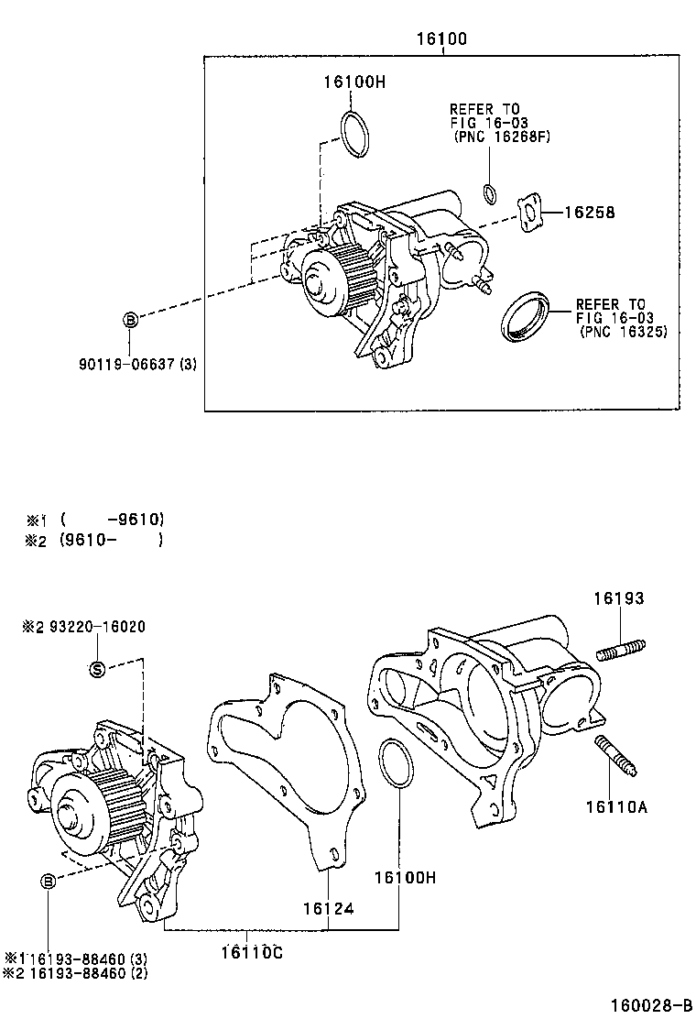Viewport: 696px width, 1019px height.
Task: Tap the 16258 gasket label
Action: (x=588, y=213)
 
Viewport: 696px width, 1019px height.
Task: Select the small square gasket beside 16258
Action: (x=530, y=213)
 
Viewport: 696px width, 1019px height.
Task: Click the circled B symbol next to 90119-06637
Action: (x=130, y=319)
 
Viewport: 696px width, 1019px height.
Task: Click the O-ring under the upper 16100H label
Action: (x=355, y=134)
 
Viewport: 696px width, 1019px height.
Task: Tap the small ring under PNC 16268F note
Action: (x=490, y=192)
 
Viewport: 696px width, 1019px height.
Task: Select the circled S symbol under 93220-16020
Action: (x=97, y=669)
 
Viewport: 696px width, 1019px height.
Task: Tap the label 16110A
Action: (x=616, y=806)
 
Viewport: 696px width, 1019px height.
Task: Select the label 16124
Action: (x=328, y=908)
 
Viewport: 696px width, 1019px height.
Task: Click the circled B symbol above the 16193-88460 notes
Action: (x=47, y=881)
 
